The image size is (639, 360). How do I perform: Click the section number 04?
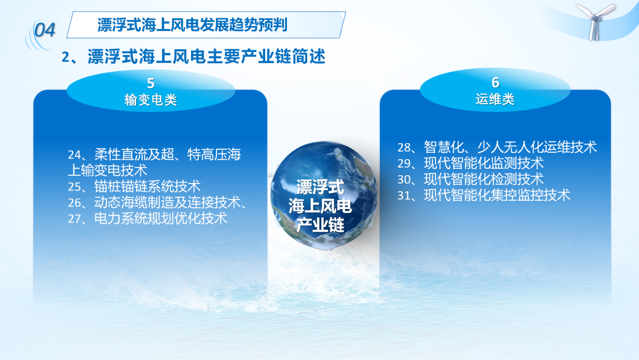pyautogui.click(x=44, y=30)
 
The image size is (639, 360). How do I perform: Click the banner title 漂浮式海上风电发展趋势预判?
pyautogui.click(x=192, y=25)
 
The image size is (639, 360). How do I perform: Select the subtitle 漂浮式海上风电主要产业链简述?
pyautogui.click(x=206, y=57)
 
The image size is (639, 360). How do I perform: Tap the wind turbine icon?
pyautogui.click(x=595, y=21)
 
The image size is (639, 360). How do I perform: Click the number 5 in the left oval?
pyautogui.click(x=151, y=83)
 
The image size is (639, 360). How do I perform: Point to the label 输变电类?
pyautogui.click(x=151, y=100)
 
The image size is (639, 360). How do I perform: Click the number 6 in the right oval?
pyautogui.click(x=495, y=82)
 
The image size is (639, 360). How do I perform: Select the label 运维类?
pyautogui.click(x=495, y=99)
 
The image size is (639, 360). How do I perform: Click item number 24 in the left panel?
pyautogui.click(x=75, y=155)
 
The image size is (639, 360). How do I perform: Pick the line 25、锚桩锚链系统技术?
pyautogui.click(x=134, y=187)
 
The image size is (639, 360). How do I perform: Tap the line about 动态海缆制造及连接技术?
pyautogui.click(x=158, y=202)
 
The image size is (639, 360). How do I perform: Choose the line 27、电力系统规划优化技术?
pyautogui.click(x=147, y=218)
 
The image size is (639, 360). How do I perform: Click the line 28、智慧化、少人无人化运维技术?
pyautogui.click(x=497, y=147)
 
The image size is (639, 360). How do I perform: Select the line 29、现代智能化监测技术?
pyautogui.click(x=471, y=163)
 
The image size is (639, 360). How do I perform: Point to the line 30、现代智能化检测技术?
pyautogui.click(x=471, y=179)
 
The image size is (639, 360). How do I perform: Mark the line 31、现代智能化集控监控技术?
pyautogui.click(x=484, y=195)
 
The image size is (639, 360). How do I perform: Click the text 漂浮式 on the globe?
pyautogui.click(x=320, y=187)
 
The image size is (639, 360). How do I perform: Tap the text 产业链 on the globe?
pyautogui.click(x=320, y=224)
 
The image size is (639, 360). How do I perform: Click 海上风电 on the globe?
pyautogui.click(x=320, y=206)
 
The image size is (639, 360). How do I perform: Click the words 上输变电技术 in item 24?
pyautogui.click(x=108, y=171)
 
